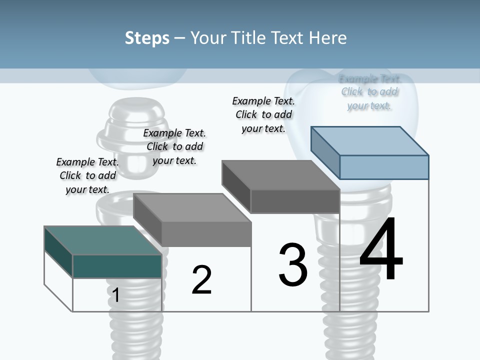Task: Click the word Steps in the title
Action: click(147, 38)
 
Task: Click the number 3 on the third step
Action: click(293, 265)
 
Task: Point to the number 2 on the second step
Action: click(201, 280)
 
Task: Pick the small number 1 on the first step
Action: click(115, 295)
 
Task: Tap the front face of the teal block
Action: click(117, 266)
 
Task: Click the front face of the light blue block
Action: click(384, 167)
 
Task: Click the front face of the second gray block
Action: click(206, 234)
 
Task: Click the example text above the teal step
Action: click(87, 175)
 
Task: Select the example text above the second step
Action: click(174, 146)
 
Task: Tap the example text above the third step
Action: click(263, 114)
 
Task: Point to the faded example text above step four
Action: click(369, 92)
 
